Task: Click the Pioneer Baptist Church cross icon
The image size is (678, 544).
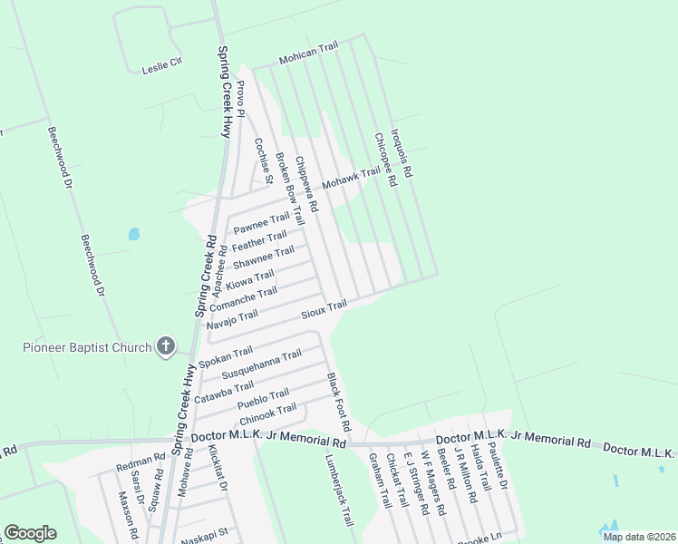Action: point(165,345)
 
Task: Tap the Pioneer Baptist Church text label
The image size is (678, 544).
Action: point(87,346)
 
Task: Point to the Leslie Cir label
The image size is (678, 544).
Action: point(162,65)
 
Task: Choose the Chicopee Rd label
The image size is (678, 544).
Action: point(385,160)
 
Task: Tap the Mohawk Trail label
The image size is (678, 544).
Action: point(351,177)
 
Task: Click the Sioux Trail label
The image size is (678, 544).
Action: point(324,309)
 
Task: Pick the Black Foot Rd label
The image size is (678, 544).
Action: point(338,401)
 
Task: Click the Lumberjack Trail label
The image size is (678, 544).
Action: point(338,491)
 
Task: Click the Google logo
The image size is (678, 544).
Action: point(30,533)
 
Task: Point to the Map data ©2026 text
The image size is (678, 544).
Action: point(638,537)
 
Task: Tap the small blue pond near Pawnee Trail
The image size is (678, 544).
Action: point(134,234)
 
